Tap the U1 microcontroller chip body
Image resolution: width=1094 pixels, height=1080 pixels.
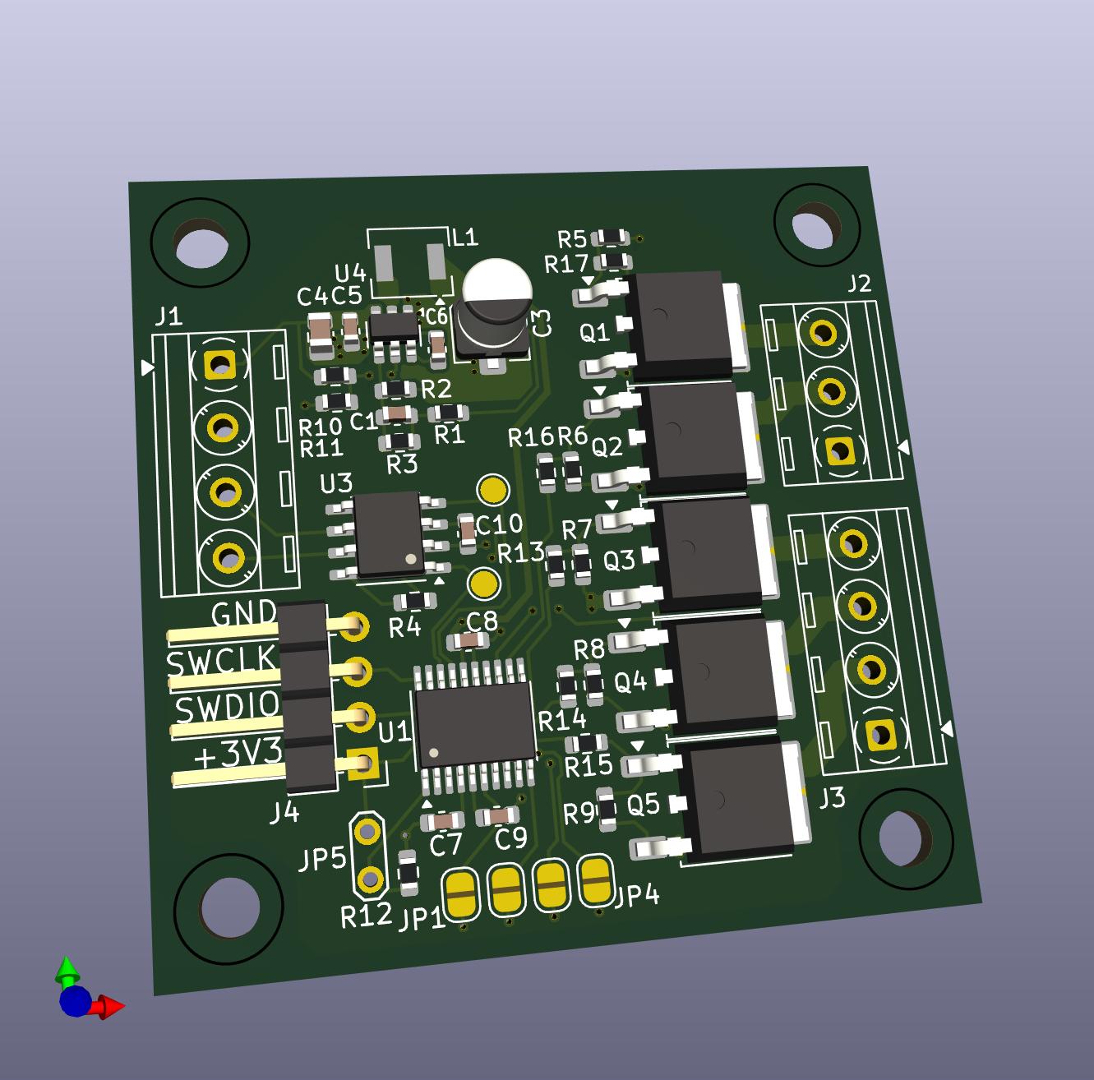[475, 725]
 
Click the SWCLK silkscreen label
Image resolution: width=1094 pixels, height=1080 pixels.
[221, 660]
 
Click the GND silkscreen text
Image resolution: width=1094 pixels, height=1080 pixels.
[243, 614]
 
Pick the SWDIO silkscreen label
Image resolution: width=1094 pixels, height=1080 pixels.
[227, 708]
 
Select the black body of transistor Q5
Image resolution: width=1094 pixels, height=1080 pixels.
[738, 804]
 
